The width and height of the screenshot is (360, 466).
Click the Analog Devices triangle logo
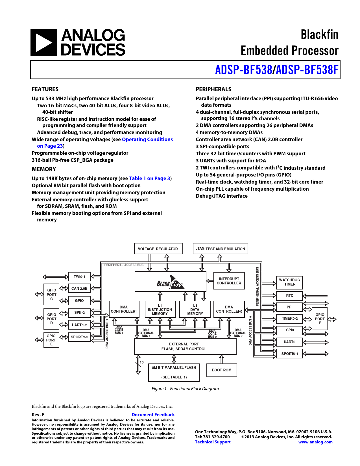click(x=43, y=42)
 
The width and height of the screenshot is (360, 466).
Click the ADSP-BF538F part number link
click(x=307, y=70)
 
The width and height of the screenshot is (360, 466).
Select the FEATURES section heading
click(x=45, y=89)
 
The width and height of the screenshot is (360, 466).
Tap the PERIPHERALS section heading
click(x=213, y=89)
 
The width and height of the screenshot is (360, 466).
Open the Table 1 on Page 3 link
click(x=150, y=178)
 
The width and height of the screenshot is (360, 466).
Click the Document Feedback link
click(x=153, y=415)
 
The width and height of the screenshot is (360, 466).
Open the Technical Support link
click(x=213, y=442)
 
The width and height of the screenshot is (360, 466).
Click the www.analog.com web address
click(x=315, y=442)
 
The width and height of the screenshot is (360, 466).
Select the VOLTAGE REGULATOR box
click(x=158, y=249)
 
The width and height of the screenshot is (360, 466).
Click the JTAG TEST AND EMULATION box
click(x=220, y=249)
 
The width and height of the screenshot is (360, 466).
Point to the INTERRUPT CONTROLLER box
click(x=229, y=281)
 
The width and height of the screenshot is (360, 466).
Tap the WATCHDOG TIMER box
click(x=290, y=282)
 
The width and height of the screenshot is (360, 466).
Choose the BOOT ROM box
click(x=222, y=370)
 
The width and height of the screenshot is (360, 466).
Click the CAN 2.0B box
click(x=79, y=288)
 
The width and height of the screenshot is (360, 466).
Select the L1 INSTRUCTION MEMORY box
click(x=160, y=310)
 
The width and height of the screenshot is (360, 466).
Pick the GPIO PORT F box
click(x=320, y=319)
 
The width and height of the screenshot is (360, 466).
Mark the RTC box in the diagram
click(x=290, y=296)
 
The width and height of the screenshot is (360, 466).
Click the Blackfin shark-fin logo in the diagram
click(x=170, y=282)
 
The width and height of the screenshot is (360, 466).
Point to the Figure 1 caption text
click(x=185, y=389)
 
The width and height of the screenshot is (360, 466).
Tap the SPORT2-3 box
click(x=80, y=337)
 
